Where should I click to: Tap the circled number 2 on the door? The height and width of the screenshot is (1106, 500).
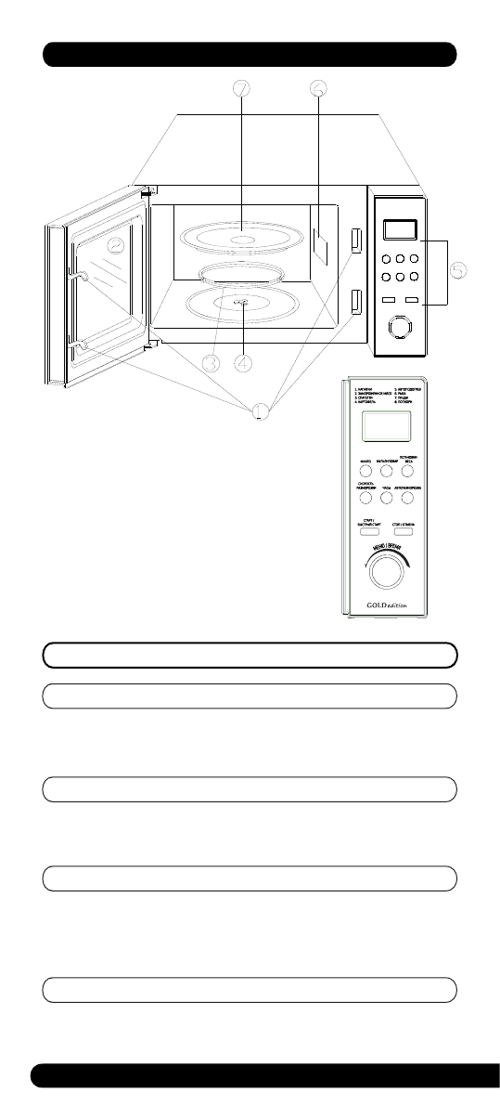click(114, 245)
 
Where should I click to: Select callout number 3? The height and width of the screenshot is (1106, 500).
click(212, 364)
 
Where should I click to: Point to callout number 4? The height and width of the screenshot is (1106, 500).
click(243, 364)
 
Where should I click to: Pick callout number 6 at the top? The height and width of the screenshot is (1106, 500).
click(317, 89)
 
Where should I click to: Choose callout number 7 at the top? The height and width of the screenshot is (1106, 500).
click(241, 89)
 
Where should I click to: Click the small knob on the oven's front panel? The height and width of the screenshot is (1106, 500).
click(399, 328)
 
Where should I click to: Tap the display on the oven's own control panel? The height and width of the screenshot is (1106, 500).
click(399, 229)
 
